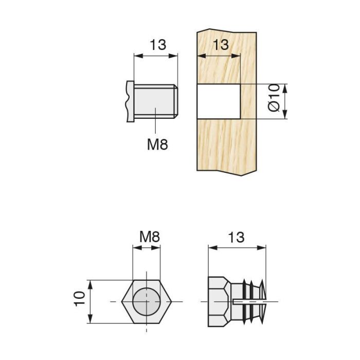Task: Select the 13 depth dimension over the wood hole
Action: pos(220,45)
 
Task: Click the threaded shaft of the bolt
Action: pos(154,102)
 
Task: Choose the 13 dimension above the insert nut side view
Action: pos(236,237)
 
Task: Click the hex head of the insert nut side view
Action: pos(219,300)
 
